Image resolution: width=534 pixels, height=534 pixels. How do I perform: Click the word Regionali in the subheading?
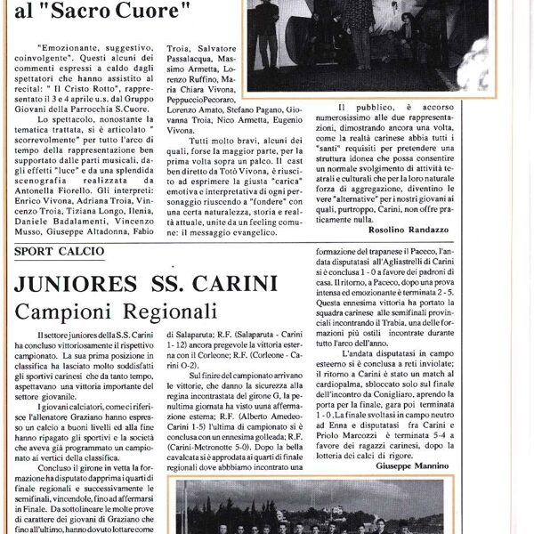tap(169, 313)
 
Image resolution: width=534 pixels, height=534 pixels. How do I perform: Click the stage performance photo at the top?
tap(366, 44)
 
